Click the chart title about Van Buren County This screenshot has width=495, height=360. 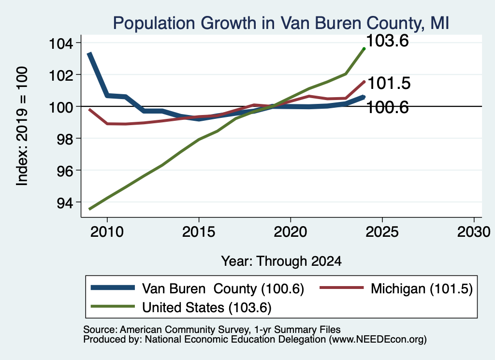click(x=281, y=23)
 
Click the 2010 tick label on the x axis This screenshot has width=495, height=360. click(x=107, y=232)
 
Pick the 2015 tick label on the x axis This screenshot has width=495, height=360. click(x=199, y=232)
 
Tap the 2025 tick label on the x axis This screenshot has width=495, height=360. click(x=382, y=232)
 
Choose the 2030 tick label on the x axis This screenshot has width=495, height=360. click(x=474, y=232)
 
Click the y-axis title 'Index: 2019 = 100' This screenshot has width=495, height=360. click(x=22, y=126)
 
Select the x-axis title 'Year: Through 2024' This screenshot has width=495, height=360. click(x=281, y=261)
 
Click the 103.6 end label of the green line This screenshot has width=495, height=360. click(x=387, y=41)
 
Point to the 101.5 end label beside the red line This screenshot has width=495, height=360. click(x=389, y=83)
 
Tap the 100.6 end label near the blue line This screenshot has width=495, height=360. click(x=387, y=108)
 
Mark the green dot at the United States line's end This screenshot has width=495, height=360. click(x=364, y=49)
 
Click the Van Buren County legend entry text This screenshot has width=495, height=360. click(x=223, y=288)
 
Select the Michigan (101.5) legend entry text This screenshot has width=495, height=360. click(x=422, y=288)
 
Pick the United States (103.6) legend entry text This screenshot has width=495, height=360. click(x=207, y=308)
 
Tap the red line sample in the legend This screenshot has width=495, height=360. click(x=342, y=288)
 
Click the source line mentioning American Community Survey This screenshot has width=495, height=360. click(x=212, y=330)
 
